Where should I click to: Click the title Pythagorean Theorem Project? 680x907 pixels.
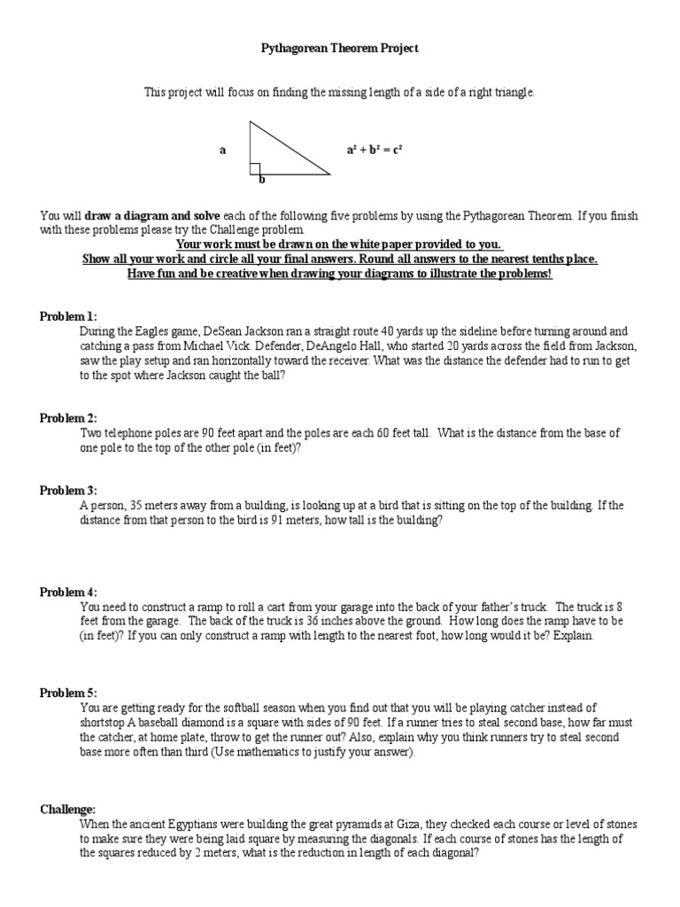tap(339, 49)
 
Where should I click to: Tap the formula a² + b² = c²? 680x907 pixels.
tap(374, 151)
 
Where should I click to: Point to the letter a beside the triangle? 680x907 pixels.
tap(223, 151)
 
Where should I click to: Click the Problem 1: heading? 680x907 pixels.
tap(68, 316)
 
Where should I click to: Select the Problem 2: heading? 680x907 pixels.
tap(68, 418)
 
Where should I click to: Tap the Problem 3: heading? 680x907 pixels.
tap(68, 491)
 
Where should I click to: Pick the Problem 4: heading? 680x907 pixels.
tap(68, 592)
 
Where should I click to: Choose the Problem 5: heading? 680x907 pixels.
tap(68, 693)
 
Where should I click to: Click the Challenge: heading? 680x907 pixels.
tap(67, 810)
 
